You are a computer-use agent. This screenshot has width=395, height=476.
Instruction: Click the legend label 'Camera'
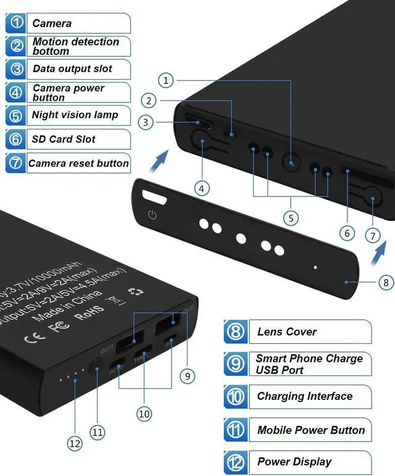[x=52, y=23]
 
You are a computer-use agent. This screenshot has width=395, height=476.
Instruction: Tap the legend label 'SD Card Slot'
[x=64, y=139]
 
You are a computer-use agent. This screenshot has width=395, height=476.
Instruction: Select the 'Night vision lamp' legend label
[x=75, y=115]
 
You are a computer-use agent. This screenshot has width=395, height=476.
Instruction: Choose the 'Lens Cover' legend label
[x=287, y=332]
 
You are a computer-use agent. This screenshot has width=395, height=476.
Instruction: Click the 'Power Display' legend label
[x=294, y=462]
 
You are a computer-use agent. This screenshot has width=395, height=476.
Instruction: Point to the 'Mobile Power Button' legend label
[x=311, y=430]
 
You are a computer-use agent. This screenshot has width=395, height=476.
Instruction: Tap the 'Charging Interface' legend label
[x=305, y=396]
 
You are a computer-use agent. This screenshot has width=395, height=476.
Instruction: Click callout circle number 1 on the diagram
[x=165, y=80]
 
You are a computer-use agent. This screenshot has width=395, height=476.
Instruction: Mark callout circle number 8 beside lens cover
[x=386, y=283]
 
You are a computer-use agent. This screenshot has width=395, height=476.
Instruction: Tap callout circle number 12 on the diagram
[x=75, y=443]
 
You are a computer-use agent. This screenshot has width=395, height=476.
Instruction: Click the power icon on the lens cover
[x=153, y=215]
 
